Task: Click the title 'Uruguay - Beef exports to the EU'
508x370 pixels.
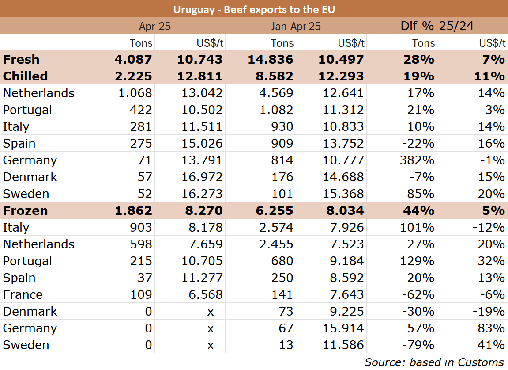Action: pyautogui.click(x=254, y=9)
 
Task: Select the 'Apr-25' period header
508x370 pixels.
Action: pyautogui.click(x=154, y=26)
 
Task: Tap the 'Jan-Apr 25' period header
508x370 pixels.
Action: pyautogui.click(x=296, y=26)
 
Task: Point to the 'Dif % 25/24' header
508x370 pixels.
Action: pyautogui.click(x=437, y=26)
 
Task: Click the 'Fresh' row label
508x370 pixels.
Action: pyautogui.click(x=21, y=59)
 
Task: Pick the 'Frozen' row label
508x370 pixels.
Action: pyautogui.click(x=25, y=210)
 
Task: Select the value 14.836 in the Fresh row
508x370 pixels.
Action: pyautogui.click(x=271, y=59)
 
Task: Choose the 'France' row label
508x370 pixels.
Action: pyautogui.click(x=23, y=294)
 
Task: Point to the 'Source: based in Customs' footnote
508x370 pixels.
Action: pyautogui.click(x=434, y=362)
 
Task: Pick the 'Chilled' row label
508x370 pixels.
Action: pyautogui.click(x=25, y=76)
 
